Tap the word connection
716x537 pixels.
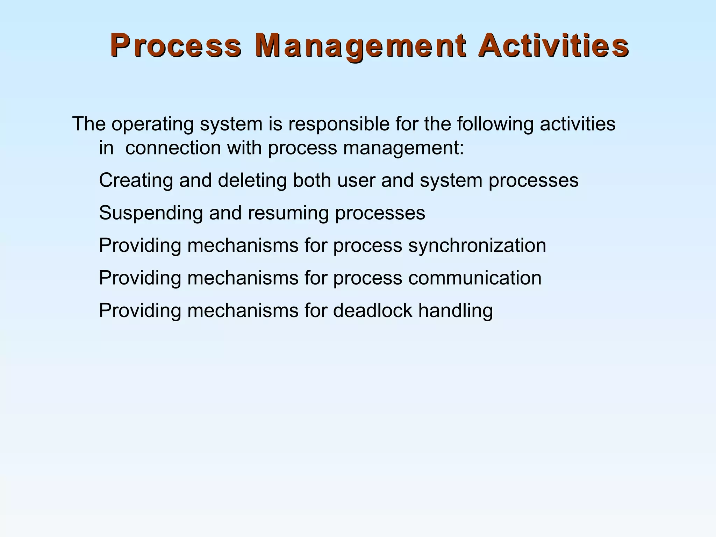click(173, 148)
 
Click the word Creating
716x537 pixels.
click(136, 180)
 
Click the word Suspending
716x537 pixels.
click(151, 213)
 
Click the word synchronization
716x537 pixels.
click(477, 245)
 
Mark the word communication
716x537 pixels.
click(474, 278)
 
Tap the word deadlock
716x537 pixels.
click(372, 310)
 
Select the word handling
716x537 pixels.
click(456, 310)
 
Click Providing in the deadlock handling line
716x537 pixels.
click(140, 310)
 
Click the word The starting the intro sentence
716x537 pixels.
click(89, 124)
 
